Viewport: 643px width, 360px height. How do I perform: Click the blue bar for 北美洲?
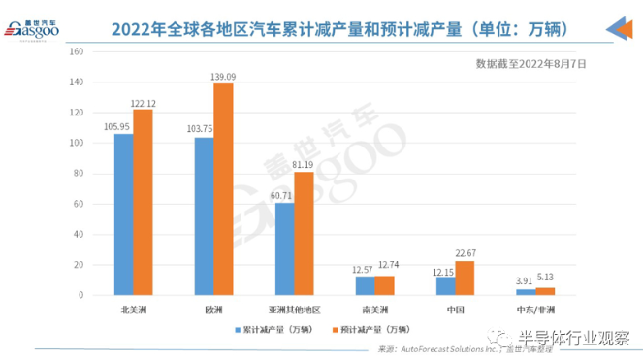pos(123,214)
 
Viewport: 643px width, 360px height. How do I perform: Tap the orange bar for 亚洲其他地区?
pos(304,233)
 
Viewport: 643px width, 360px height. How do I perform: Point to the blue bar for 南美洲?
pos(364,285)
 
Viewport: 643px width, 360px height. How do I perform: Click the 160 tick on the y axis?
pos(78,51)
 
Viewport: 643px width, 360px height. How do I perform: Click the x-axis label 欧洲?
pos(213,310)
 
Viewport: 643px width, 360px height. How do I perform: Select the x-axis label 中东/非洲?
pos(534,310)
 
